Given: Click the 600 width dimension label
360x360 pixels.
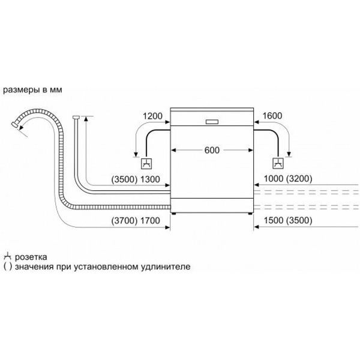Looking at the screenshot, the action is pyautogui.click(x=212, y=150).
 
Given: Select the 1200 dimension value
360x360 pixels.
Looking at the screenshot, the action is pyautogui.click(x=152, y=116).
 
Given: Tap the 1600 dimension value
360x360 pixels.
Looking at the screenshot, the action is pyautogui.click(x=272, y=116).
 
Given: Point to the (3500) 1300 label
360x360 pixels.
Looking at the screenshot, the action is pyautogui.click(x=136, y=179).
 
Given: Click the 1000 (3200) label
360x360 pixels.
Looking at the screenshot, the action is pyautogui.click(x=288, y=178).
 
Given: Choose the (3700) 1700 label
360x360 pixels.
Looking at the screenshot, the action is pyautogui.click(x=136, y=221).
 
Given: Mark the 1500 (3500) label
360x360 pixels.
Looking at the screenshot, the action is pyautogui.click(x=288, y=220).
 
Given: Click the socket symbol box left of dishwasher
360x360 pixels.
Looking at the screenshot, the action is pyautogui.click(x=146, y=163).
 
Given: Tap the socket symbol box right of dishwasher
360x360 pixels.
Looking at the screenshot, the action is pyautogui.click(x=278, y=163).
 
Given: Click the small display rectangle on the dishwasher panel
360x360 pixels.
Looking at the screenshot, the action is pyautogui.click(x=212, y=122).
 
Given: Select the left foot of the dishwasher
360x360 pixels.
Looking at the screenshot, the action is pyautogui.click(x=174, y=214).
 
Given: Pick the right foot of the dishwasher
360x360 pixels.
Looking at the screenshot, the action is pyautogui.click(x=250, y=214).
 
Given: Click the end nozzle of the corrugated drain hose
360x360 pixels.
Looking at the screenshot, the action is pyautogui.click(x=15, y=125).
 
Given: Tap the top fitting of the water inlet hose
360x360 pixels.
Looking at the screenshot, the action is pyautogui.click(x=76, y=117).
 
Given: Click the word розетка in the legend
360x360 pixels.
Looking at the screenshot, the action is pyautogui.click(x=31, y=257).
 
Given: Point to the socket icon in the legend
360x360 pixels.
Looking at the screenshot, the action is pyautogui.click(x=8, y=256).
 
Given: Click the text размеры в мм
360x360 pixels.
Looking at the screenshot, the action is pyautogui.click(x=32, y=90).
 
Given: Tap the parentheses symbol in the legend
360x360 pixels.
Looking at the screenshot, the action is pyautogui.click(x=8, y=267).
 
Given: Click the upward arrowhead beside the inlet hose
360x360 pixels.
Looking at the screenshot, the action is pyautogui.click(x=86, y=119).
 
